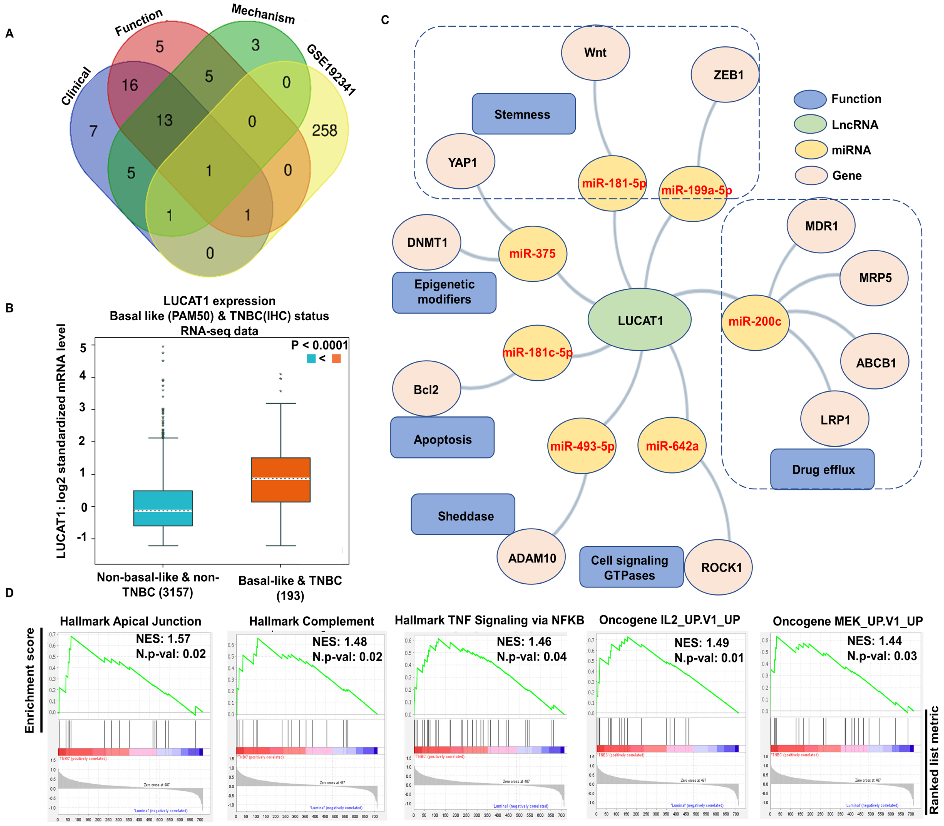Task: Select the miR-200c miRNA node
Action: pyautogui.click(x=755, y=322)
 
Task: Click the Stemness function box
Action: pyautogui.click(x=523, y=114)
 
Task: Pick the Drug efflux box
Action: pyautogui.click(x=822, y=469)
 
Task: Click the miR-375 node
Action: pyautogui.click(x=532, y=254)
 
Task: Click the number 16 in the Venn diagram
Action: pyautogui.click(x=130, y=85)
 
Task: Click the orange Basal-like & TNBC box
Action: pyautogui.click(x=280, y=479)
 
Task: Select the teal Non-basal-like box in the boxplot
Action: pyautogui.click(x=163, y=508)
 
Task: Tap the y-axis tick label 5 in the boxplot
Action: pyautogui.click(x=83, y=347)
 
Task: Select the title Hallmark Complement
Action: pyautogui.click(x=312, y=621)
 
